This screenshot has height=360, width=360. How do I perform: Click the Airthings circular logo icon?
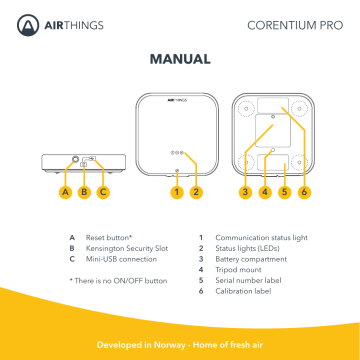(28, 25)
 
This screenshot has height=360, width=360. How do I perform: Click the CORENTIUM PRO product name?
(295, 25)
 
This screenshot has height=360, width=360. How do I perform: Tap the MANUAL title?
(180, 59)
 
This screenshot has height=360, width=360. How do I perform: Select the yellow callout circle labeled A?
(66, 192)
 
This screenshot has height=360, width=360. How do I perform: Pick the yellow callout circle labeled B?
(84, 192)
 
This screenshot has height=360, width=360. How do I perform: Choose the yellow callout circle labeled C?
(103, 192)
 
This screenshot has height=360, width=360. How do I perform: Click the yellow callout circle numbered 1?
(177, 192)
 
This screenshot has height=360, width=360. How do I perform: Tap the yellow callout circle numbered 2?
(196, 192)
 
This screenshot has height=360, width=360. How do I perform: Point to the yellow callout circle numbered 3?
(245, 192)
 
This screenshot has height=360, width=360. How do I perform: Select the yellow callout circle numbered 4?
(265, 192)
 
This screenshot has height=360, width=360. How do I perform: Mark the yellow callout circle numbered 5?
(284, 192)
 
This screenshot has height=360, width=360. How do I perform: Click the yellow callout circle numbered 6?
(304, 192)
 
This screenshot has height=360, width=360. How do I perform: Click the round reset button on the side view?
(76, 159)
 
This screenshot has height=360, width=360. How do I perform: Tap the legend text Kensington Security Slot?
(127, 249)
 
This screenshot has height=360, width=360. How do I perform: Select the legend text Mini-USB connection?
(121, 259)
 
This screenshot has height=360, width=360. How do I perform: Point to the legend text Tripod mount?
(238, 270)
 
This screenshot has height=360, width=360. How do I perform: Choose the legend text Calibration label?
(243, 291)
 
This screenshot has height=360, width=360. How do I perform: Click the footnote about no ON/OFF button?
(118, 281)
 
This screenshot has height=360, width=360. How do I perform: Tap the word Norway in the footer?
(169, 345)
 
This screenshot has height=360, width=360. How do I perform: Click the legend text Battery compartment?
(251, 259)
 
